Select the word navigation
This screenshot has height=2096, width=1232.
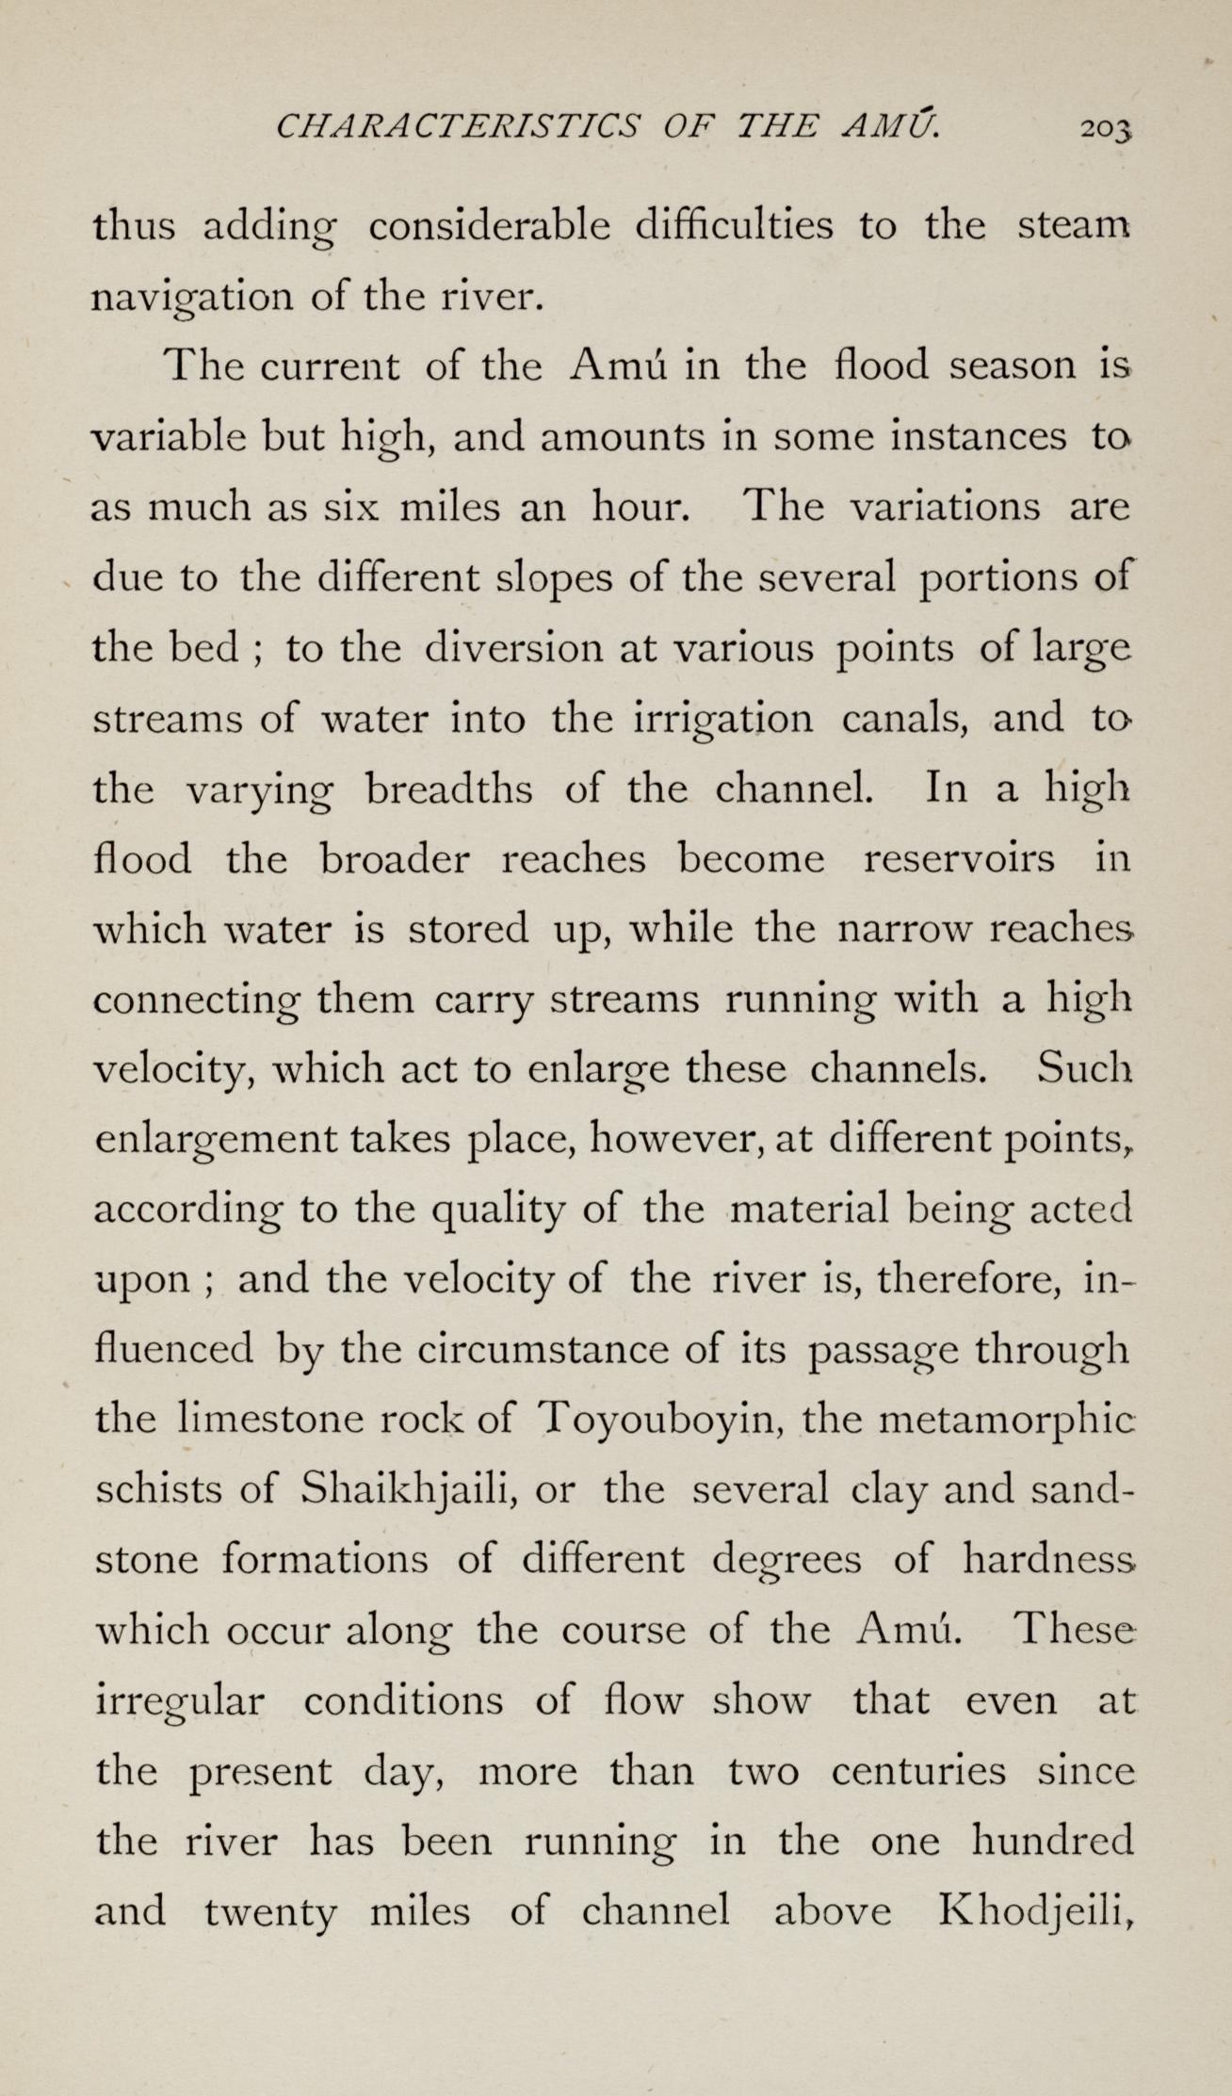[x=186, y=298]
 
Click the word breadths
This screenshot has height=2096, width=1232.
[x=447, y=789]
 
